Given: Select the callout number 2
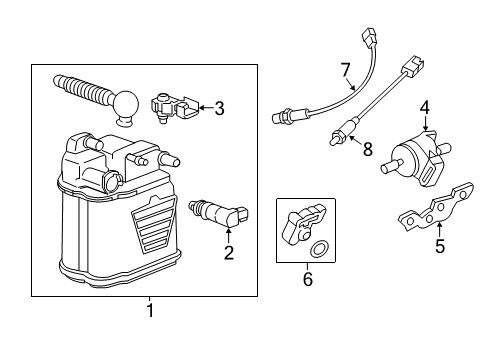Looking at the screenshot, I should [x=228, y=253].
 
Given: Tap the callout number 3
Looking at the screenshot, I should [x=220, y=107].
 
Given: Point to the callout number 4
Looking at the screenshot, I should [x=424, y=106].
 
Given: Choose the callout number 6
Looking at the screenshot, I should [x=307, y=280].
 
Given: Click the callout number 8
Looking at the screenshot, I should [x=368, y=150].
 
